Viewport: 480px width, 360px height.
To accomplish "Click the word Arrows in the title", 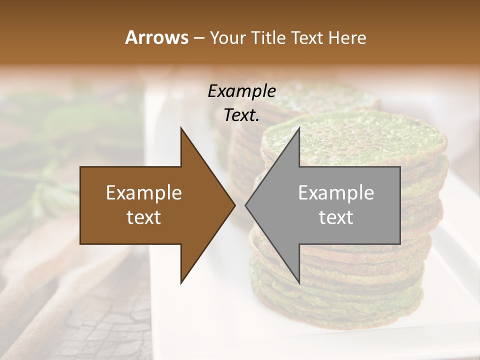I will point(156,37).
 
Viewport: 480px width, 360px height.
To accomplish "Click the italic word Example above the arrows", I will point(241,91).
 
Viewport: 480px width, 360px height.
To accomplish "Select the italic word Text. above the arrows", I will point(241,115).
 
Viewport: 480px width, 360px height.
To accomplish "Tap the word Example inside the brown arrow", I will point(144,193).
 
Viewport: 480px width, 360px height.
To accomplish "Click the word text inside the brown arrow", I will point(144,217).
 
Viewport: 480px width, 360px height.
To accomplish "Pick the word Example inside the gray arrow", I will point(336,193).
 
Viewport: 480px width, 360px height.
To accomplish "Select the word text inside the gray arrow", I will point(336,217).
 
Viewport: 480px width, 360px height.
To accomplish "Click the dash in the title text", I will point(198,38).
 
